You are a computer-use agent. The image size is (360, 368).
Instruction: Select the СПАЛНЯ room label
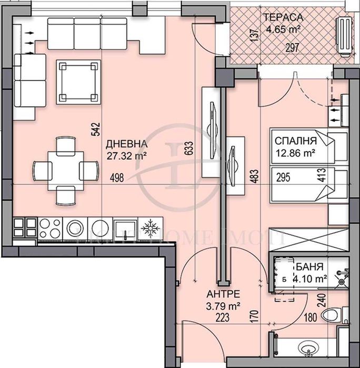pyautogui.click(x=295, y=141)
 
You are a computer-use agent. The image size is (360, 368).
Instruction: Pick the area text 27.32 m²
pyautogui.click(x=126, y=155)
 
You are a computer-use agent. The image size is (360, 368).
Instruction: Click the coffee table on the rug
pyautogui.click(x=78, y=82)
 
